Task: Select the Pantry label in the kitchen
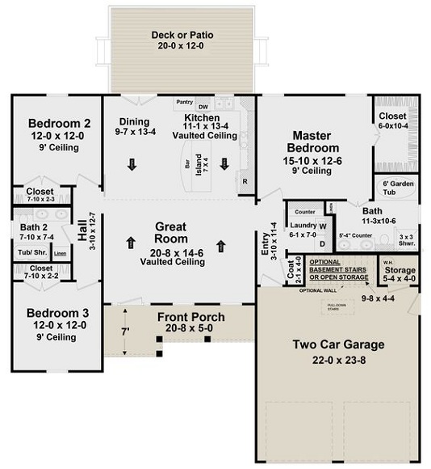tap(184, 103)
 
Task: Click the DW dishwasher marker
tap(203, 107)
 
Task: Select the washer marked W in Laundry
tap(322, 226)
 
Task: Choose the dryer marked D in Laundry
tap(322, 243)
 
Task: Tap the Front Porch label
tap(190, 316)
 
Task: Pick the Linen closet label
tap(61, 255)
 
